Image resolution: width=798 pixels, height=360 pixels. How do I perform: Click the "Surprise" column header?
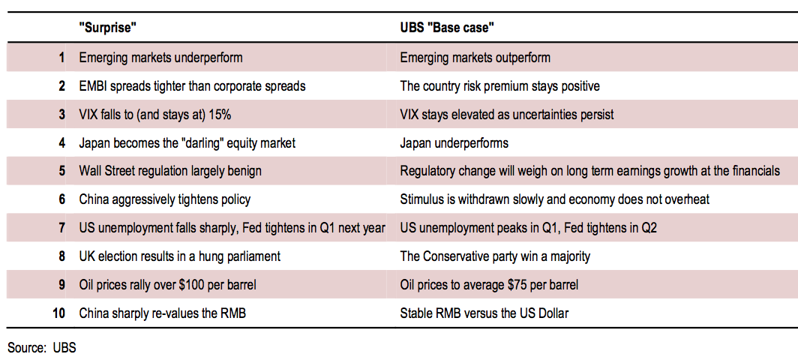(x=109, y=28)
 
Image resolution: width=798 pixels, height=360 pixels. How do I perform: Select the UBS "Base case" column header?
(x=448, y=28)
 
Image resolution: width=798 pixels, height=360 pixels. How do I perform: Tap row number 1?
(x=62, y=58)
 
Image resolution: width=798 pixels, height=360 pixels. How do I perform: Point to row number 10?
(x=59, y=313)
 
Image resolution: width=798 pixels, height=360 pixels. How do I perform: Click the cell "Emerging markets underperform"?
(x=160, y=58)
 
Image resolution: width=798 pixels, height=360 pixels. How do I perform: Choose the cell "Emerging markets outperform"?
(x=475, y=58)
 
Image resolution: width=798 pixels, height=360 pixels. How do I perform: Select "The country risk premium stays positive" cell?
(x=500, y=86)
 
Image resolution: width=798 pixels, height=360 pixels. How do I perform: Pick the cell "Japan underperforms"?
(x=454, y=143)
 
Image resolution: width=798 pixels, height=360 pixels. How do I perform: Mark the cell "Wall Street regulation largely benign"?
(x=170, y=171)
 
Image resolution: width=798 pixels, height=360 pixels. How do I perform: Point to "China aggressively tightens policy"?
(x=165, y=199)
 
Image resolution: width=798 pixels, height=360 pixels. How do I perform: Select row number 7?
(x=62, y=227)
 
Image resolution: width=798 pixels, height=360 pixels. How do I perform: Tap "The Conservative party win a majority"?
(x=496, y=256)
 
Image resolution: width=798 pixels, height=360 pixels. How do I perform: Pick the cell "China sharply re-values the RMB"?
(x=163, y=313)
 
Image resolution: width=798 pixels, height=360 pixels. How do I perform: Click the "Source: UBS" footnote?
(x=42, y=349)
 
